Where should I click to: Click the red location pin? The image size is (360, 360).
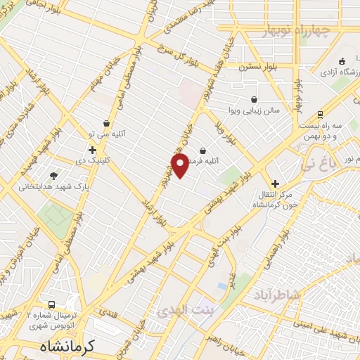[x=179, y=165]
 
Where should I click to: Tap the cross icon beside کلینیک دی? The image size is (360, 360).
[x=92, y=150]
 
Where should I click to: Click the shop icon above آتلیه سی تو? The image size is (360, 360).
[x=106, y=123]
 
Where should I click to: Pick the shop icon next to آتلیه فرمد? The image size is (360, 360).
[x=202, y=150]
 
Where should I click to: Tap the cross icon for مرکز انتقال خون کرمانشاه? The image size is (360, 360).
[x=274, y=184]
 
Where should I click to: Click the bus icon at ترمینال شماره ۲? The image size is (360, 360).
[x=30, y=308]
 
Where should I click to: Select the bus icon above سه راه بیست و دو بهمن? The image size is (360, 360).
[x=320, y=114]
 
